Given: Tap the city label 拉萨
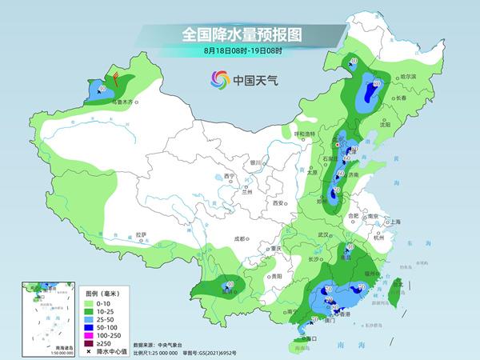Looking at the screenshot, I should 142,234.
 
